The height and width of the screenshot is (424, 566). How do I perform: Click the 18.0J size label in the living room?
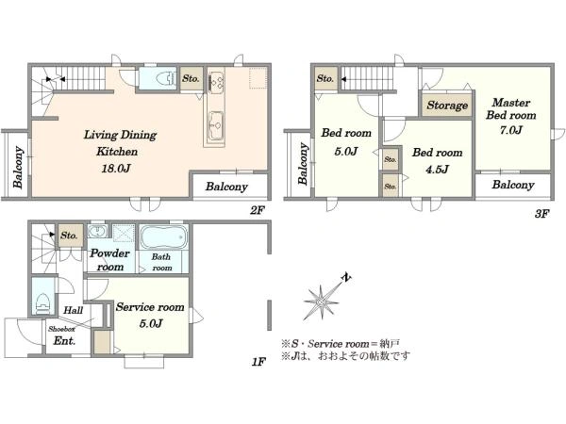pyautogui.click(x=116, y=169)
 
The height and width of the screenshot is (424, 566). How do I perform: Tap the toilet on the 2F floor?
pyautogui.click(x=164, y=78)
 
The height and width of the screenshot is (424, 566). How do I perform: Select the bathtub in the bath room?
pyautogui.click(x=163, y=236)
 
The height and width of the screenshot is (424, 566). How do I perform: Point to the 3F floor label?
pyautogui.click(x=541, y=214)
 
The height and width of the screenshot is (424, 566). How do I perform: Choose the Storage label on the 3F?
pyautogui.click(x=447, y=106)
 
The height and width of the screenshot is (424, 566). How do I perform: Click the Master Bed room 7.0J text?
pyautogui.click(x=510, y=116)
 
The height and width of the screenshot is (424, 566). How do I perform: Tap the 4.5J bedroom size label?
pyautogui.click(x=437, y=169)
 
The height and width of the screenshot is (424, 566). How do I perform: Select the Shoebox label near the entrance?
pyautogui.click(x=61, y=329)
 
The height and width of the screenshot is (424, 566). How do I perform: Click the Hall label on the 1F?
pyautogui.click(x=74, y=310)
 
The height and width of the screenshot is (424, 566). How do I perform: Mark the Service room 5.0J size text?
pyautogui.click(x=151, y=323)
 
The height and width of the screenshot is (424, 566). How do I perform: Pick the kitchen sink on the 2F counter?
pyautogui.click(x=215, y=125)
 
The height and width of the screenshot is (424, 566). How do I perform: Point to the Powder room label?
pyautogui.click(x=109, y=260)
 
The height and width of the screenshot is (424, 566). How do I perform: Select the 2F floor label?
pyautogui.click(x=258, y=210)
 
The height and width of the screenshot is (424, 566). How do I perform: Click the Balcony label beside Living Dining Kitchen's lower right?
pyautogui.click(x=226, y=187)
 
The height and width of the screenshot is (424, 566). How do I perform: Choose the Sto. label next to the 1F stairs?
pyautogui.click(x=69, y=236)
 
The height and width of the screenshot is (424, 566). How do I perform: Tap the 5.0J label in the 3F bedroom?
pyautogui.click(x=346, y=151)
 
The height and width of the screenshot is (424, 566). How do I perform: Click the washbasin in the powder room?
pyautogui.click(x=97, y=231)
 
